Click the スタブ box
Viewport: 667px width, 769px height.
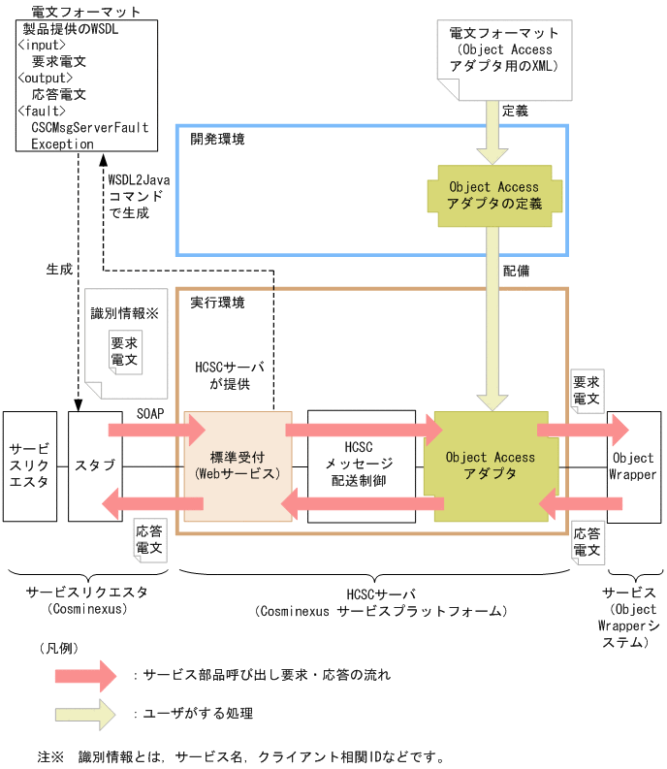(95, 465)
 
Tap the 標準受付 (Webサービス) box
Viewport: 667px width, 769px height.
(238, 465)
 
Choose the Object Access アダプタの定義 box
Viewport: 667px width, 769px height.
(490, 195)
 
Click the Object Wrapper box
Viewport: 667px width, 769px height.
(634, 466)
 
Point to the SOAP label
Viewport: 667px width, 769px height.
(151, 412)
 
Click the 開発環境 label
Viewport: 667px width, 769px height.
(217, 140)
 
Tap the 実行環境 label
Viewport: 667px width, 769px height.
(217, 303)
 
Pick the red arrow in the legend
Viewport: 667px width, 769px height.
(87, 674)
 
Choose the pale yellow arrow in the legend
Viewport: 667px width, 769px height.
(87, 714)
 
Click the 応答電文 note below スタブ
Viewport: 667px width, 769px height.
(150, 540)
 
